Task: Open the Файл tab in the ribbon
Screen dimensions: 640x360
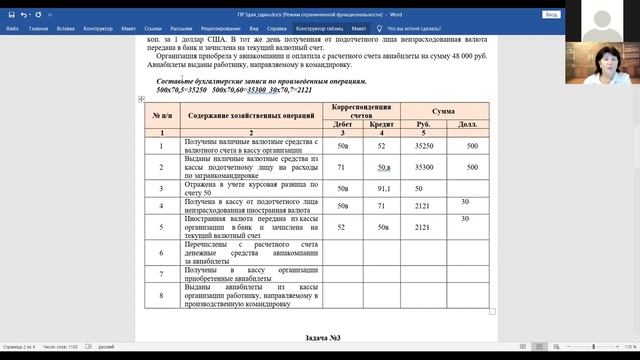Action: point(12,29)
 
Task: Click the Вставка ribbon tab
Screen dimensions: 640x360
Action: point(70,29)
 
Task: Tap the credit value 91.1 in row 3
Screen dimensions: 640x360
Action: point(380,187)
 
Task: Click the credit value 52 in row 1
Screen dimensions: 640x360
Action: point(380,146)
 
